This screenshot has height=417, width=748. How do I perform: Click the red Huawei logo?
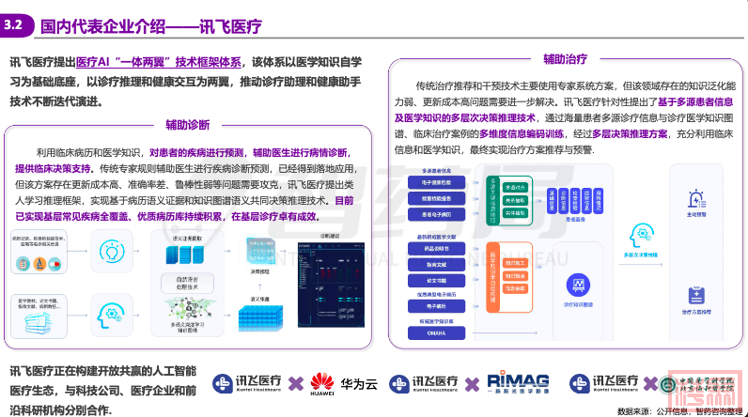(x=323, y=382)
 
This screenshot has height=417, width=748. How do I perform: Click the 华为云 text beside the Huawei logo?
(x=360, y=383)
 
